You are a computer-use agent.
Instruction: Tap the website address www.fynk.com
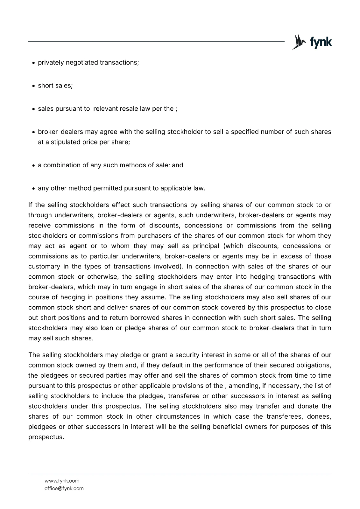pos(62,481)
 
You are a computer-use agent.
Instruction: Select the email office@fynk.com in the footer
pos(64,488)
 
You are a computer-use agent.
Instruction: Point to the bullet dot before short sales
pos(34,86)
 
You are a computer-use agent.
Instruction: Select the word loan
pos(107,328)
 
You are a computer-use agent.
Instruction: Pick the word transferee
pos(184,396)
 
